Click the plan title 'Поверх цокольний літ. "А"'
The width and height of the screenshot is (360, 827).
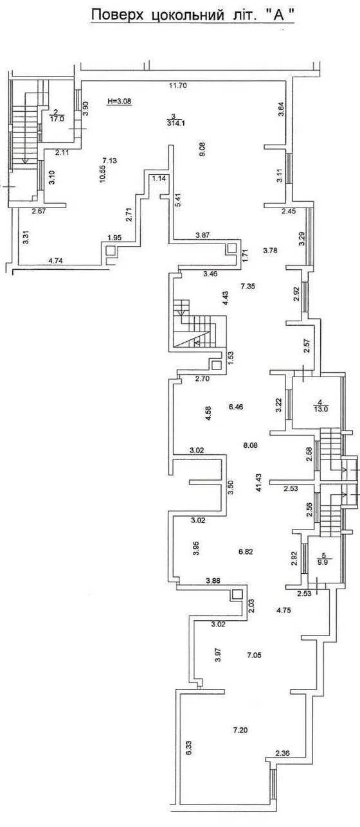click(193, 15)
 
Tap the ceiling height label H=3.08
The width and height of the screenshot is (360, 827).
click(120, 100)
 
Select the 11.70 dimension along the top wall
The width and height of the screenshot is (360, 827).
click(178, 85)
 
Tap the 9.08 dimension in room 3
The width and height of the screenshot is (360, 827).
click(203, 149)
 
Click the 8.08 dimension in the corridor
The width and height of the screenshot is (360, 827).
click(250, 445)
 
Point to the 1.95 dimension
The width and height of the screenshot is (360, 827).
click(114, 237)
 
